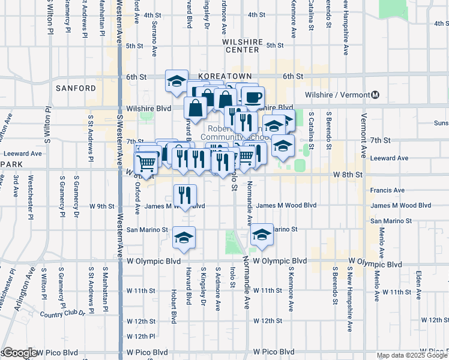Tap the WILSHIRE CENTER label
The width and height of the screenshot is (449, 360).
[x=242, y=46]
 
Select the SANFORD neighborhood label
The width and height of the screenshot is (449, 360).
[x=76, y=88]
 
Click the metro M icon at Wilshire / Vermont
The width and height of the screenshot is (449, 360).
[x=376, y=95]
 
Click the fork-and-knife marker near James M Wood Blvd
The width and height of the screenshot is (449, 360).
[x=185, y=195]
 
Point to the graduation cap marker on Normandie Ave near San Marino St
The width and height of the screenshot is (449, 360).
[x=262, y=235]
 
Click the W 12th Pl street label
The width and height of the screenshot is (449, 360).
[x=142, y=336]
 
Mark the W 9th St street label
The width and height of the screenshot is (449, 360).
[x=101, y=206]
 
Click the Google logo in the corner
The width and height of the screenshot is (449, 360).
[x=19, y=353]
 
